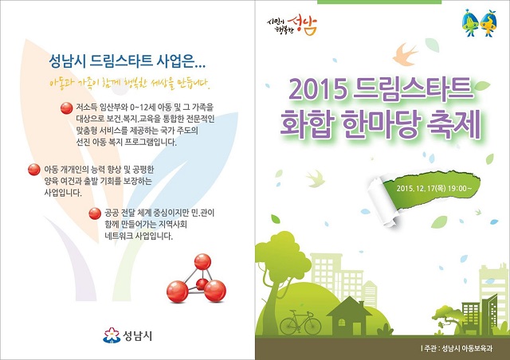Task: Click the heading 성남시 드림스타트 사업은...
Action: tap(127, 61)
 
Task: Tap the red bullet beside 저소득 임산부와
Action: tap(66, 108)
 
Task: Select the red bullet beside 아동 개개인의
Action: tap(33, 170)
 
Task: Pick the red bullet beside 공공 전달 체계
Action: tap(95, 213)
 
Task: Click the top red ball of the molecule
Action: tap(202, 262)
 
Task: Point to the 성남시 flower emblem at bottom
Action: tap(112, 335)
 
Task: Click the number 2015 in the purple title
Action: tap(317, 89)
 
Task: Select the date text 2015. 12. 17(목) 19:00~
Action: tap(433, 188)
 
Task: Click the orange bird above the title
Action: tap(404, 55)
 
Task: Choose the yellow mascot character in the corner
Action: tap(488, 23)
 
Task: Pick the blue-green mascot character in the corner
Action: tap(470, 23)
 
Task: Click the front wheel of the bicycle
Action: tap(312, 326)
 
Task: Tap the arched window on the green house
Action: tap(342, 323)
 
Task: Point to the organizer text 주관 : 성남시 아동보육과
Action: tap(457, 348)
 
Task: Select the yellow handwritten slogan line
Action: tap(130, 84)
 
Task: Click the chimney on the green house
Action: tap(361, 305)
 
